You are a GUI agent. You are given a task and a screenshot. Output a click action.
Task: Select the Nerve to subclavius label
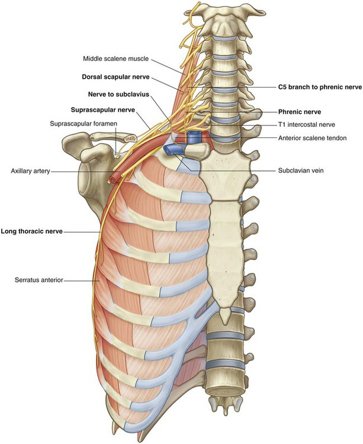(117, 94)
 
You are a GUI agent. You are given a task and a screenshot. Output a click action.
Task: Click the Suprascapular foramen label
(83, 123)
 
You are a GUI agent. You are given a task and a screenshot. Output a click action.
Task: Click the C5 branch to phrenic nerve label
(319, 86)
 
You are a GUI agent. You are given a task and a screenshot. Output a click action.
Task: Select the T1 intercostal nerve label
(307, 126)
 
